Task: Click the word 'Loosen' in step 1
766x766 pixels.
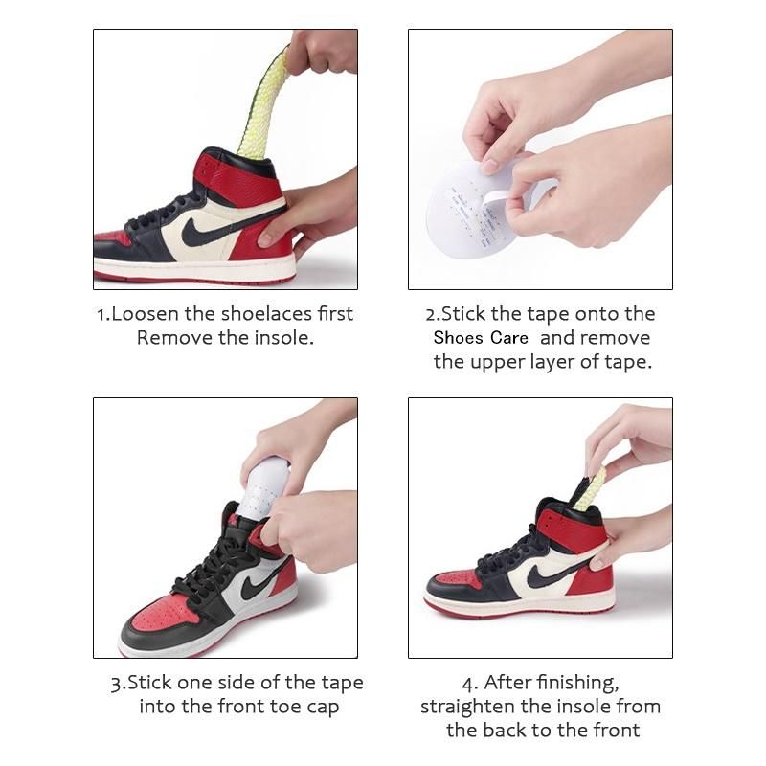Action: pos(145,314)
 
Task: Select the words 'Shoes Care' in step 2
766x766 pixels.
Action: pos(481,338)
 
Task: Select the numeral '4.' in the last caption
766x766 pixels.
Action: pos(470,684)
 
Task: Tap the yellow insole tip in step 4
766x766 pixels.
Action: pos(590,488)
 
